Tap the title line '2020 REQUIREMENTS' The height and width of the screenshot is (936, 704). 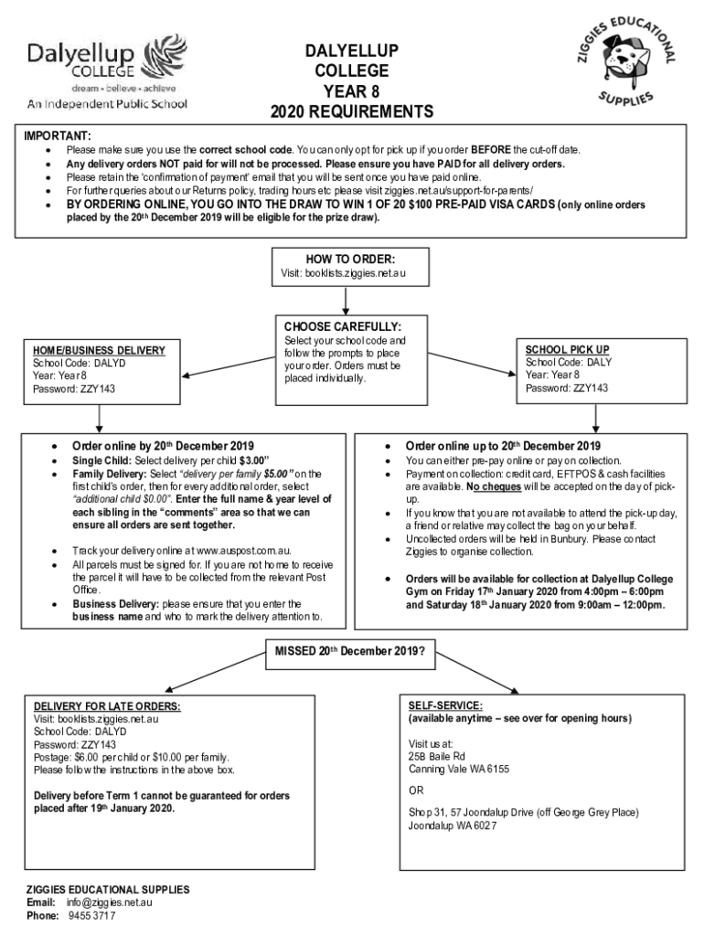pos(352,112)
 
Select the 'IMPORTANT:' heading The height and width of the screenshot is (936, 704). pos(57,135)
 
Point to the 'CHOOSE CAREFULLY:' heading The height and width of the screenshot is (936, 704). pos(342,326)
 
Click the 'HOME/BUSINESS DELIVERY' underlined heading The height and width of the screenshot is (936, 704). pos(99,350)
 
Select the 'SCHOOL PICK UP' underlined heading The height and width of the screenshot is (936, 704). pos(567,349)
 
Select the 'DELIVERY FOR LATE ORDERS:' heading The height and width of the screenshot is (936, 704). pos(107,707)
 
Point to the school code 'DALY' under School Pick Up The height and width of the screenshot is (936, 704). pos(599,362)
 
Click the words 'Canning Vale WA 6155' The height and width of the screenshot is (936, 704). pos(459,769)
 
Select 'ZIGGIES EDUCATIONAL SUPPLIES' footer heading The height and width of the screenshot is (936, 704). pos(107,889)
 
